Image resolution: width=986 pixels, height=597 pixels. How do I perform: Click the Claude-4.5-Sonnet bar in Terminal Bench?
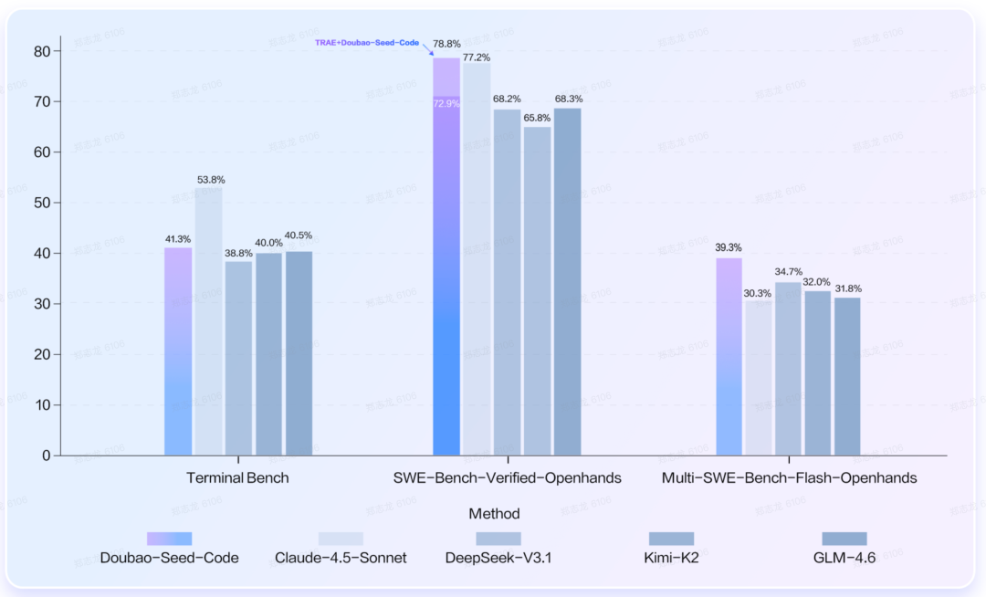pyautogui.click(x=208, y=319)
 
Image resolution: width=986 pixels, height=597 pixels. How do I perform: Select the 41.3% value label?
pyautogui.click(x=178, y=238)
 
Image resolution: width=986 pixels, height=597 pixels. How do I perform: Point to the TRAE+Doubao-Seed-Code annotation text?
pyautogui.click(x=367, y=43)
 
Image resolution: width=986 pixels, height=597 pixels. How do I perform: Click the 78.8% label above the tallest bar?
pyautogui.click(x=447, y=44)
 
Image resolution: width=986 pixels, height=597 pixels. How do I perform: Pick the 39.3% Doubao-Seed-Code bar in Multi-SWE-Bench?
pyautogui.click(x=729, y=356)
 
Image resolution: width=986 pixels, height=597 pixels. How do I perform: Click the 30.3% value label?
pyautogui.click(x=758, y=293)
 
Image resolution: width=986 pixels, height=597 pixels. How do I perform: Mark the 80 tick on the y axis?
pyautogui.click(x=42, y=51)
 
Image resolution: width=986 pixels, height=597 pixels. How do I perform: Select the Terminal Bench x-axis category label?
pyautogui.click(x=237, y=478)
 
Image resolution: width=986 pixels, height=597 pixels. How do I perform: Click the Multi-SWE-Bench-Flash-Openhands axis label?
pyautogui.click(x=789, y=478)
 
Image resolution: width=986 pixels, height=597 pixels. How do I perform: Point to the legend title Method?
pyautogui.click(x=494, y=514)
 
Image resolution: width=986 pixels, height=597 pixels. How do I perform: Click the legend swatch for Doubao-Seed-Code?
pyautogui.click(x=169, y=539)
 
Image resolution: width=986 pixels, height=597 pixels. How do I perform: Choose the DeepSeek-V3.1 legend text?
pyautogui.click(x=498, y=558)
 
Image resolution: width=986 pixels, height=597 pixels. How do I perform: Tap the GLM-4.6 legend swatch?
pyautogui.click(x=844, y=539)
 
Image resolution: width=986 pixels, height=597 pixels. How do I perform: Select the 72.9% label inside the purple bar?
pyautogui.click(x=446, y=104)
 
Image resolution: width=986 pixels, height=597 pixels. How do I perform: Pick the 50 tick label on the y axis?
pyautogui.click(x=42, y=203)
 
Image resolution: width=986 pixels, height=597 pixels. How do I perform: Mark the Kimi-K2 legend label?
pyautogui.click(x=672, y=558)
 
